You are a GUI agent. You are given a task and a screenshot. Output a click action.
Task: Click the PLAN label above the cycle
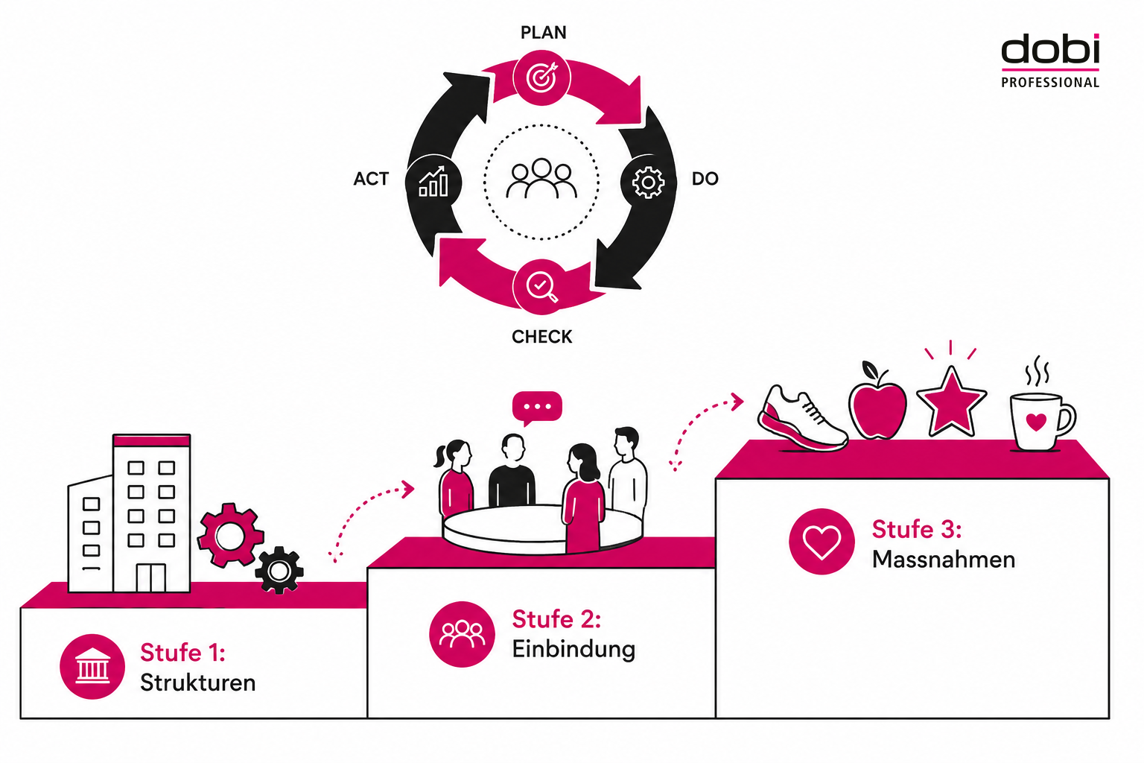click(544, 33)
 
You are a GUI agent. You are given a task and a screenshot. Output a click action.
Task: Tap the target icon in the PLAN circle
click(542, 77)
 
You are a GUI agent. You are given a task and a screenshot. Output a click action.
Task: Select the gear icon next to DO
click(648, 183)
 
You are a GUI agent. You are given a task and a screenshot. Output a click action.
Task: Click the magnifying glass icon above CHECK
click(542, 288)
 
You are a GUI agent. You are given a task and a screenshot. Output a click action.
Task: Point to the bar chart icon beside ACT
click(433, 181)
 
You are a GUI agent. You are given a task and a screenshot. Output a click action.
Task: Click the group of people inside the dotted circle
click(541, 178)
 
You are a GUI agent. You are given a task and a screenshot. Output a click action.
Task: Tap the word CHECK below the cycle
click(542, 337)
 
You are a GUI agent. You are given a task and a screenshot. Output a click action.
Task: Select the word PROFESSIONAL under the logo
click(1050, 82)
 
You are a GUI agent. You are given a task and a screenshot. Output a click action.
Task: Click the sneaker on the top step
click(802, 419)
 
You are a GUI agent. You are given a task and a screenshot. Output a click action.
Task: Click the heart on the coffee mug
click(1036, 422)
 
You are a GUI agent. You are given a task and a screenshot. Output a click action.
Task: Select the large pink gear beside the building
click(230, 535)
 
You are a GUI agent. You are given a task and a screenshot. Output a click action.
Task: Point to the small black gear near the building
click(279, 570)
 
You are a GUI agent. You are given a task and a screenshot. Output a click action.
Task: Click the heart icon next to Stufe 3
click(822, 541)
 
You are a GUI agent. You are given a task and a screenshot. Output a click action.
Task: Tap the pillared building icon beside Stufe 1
click(92, 666)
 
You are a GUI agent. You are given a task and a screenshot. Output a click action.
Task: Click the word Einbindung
click(573, 650)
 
